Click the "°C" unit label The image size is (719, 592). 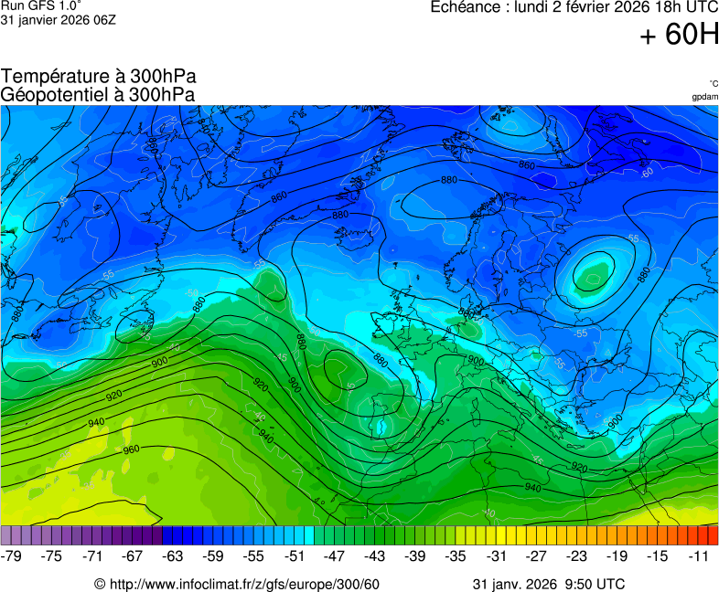click(713, 83)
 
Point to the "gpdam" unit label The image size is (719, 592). click(704, 96)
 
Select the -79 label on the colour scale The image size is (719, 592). click(12, 555)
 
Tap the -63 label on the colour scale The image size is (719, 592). click(173, 555)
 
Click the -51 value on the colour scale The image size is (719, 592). click(295, 555)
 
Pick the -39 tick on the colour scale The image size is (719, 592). click(415, 555)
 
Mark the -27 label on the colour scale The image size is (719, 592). click(536, 555)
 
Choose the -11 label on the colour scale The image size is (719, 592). click(698, 555)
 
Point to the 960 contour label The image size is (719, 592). click(131, 449)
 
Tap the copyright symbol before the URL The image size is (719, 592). click(100, 584)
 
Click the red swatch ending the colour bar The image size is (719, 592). click(713, 535)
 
